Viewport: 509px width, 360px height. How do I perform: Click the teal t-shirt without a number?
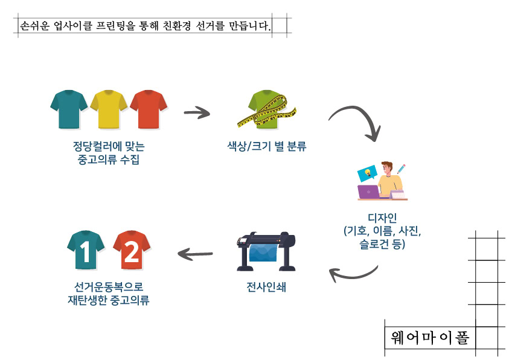(x=69, y=109)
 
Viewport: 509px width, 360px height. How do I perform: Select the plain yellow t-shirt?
(x=109, y=109)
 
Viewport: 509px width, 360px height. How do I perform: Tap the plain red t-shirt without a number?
(x=149, y=109)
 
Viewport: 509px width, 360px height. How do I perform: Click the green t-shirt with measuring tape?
(x=267, y=110)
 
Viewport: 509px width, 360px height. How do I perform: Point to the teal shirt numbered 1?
(x=86, y=250)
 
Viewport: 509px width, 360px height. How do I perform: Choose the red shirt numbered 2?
(x=132, y=250)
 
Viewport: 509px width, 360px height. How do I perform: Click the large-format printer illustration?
(x=266, y=251)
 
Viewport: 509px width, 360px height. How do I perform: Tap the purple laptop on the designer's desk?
(x=368, y=192)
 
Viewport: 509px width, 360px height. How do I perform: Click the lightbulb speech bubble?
(x=367, y=173)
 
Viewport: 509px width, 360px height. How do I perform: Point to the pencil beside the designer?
(x=402, y=169)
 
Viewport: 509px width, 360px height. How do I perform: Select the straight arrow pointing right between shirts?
(x=197, y=113)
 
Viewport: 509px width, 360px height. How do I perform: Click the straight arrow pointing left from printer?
(x=195, y=254)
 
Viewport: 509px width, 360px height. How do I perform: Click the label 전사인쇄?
(x=266, y=288)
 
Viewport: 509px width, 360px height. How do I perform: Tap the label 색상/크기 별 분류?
(x=267, y=146)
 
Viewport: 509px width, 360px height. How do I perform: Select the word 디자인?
(x=382, y=218)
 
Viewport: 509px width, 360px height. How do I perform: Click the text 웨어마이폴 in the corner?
(x=430, y=338)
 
